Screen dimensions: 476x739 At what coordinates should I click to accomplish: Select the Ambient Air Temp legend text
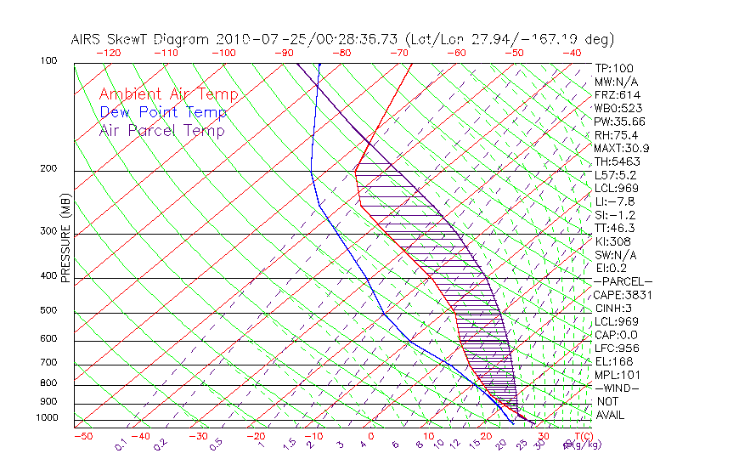168,94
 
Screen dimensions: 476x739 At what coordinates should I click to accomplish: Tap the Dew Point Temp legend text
163,112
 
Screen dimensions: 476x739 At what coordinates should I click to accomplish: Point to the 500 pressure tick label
48,311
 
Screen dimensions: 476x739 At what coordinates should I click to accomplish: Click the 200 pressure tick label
48,169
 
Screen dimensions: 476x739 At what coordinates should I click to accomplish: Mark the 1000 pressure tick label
47,417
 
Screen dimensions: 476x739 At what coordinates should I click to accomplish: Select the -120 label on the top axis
109,53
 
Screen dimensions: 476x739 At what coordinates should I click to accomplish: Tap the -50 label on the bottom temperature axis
82,436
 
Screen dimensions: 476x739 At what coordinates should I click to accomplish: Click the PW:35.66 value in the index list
619,122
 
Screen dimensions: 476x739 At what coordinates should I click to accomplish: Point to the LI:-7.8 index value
612,201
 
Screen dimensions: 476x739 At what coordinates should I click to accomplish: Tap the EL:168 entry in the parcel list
612,361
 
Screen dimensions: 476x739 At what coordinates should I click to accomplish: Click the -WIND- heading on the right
618,388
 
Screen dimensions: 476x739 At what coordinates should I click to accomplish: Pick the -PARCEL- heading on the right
623,281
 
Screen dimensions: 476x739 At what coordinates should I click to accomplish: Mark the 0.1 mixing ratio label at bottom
121,445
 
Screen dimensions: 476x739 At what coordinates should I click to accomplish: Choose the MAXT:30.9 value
622,149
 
